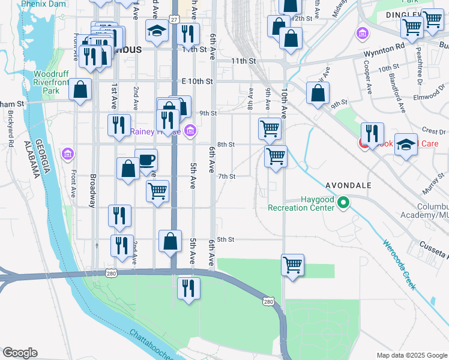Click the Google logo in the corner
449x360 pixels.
[20, 353]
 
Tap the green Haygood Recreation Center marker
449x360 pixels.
[343, 203]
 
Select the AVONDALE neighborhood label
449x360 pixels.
[348, 185]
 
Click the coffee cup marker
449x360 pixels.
[146, 160]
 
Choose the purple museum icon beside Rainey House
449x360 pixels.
[190, 130]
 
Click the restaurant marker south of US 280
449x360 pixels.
[189, 288]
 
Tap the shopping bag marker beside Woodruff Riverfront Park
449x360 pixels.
[80, 91]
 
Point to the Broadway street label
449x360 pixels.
[93, 191]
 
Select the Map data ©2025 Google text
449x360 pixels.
[411, 355]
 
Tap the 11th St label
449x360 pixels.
[244, 61]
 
